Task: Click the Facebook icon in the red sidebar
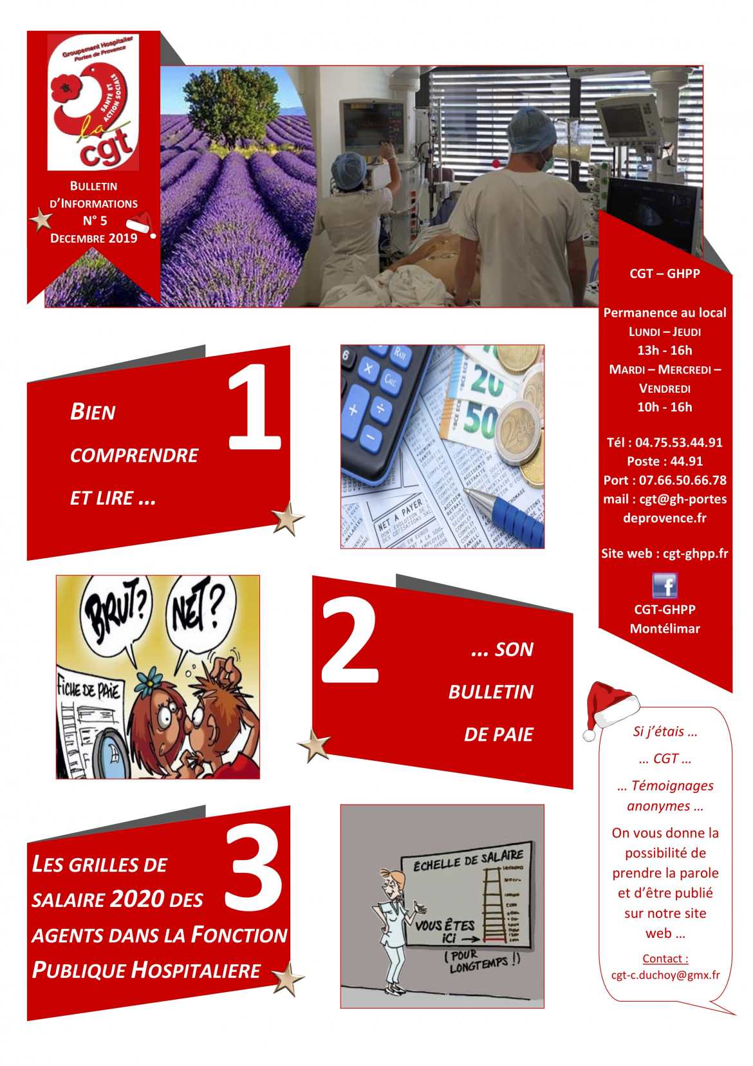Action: tap(665, 586)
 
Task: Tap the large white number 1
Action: tap(255, 407)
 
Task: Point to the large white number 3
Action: tap(255, 869)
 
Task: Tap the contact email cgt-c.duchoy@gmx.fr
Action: tap(665, 975)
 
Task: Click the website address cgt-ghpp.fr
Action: tap(695, 554)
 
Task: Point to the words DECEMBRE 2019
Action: tap(94, 238)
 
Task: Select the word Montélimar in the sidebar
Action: tap(665, 629)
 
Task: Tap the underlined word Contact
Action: tap(665, 958)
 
